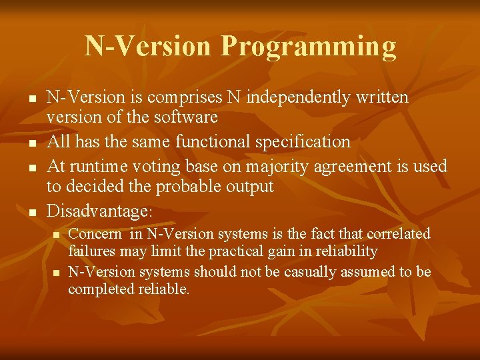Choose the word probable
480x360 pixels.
coord(193,187)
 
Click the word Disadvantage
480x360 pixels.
coord(96,211)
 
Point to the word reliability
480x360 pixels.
coord(345,251)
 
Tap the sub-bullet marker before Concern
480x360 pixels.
coord(56,235)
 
